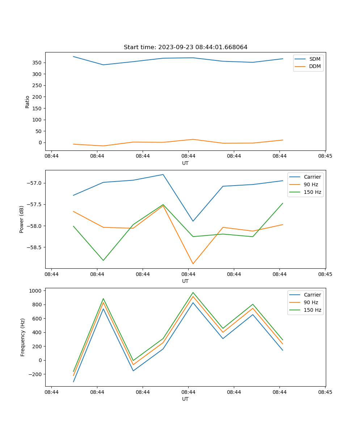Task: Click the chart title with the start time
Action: coord(185,47)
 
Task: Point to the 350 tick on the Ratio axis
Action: coord(37,63)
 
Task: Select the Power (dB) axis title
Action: coord(22,219)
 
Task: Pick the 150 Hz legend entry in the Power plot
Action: coord(312,192)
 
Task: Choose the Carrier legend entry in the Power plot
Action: coord(312,177)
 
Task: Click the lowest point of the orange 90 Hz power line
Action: coord(193,264)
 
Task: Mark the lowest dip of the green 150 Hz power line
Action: coord(103,260)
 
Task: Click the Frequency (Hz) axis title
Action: coord(23,337)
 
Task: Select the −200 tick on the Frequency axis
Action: coord(35,374)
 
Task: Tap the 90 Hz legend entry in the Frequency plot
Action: coord(311,302)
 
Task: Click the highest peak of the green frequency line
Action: coord(193,292)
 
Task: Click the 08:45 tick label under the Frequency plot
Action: coord(325,392)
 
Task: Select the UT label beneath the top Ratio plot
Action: coord(185,163)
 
